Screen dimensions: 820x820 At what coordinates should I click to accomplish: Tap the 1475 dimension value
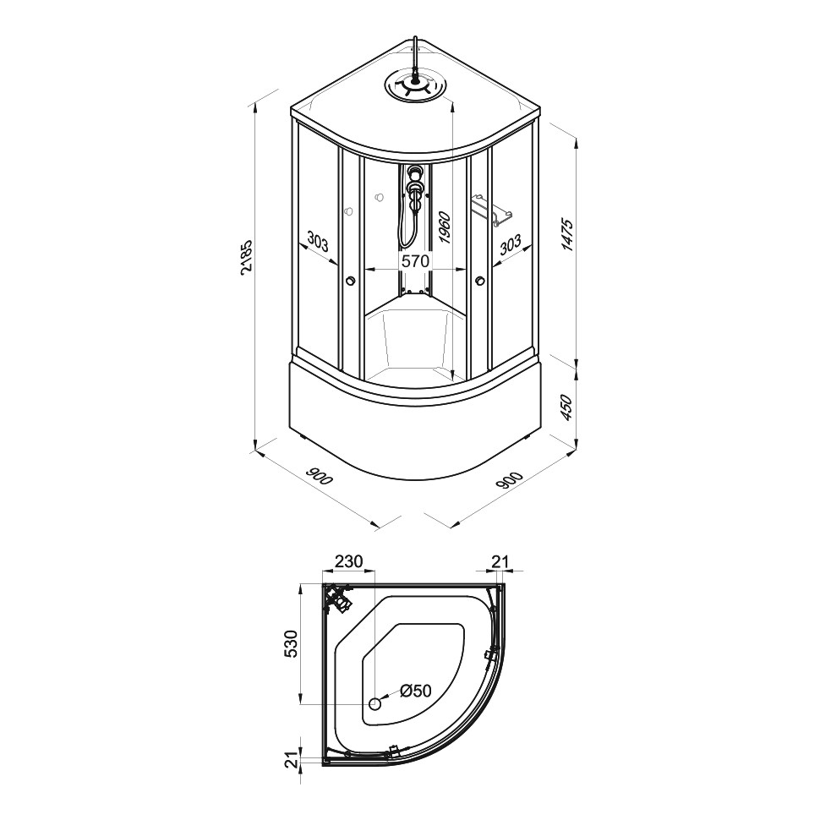[x=567, y=235]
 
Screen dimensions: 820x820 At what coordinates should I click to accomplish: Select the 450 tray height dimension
[x=567, y=407]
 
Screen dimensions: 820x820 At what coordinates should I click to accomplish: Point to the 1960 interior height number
[x=445, y=227]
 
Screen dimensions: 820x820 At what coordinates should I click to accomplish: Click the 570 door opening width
[x=415, y=260]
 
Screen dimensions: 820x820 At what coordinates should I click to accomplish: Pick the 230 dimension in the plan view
[x=348, y=561]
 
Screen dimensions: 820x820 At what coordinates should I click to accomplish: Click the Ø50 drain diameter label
[x=416, y=691]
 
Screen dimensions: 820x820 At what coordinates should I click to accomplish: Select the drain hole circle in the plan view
[x=375, y=704]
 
